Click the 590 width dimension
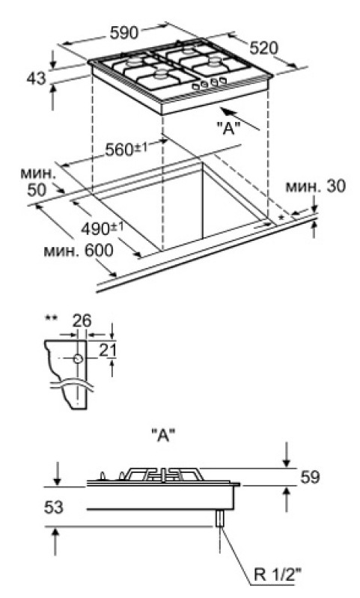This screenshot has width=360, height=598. click(x=124, y=33)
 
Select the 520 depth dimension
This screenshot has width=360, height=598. click(x=264, y=48)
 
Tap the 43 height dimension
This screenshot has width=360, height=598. click(x=36, y=79)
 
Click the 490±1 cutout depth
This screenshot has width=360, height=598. click(x=103, y=228)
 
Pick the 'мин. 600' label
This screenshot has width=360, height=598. click(x=79, y=251)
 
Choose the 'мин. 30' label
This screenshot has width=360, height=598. click(x=316, y=186)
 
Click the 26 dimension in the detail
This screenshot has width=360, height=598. click(x=82, y=321)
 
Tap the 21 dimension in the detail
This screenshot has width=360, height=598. click(x=107, y=351)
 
